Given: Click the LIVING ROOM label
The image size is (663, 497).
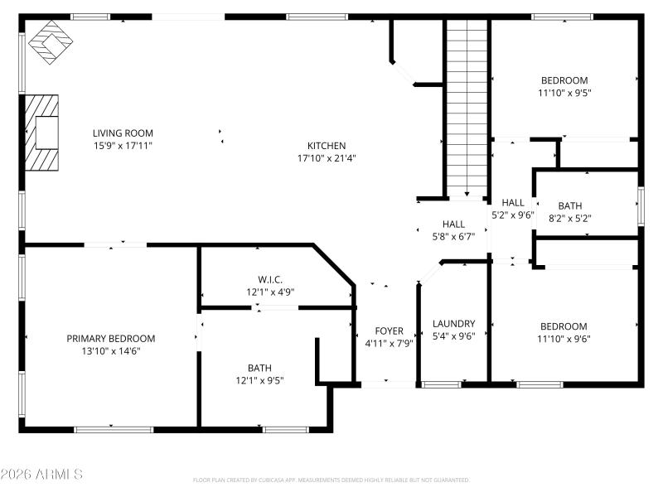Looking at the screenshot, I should coord(123,133).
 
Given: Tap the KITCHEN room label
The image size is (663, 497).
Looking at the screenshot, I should coord(327,146).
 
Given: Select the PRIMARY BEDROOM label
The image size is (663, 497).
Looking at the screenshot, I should coord(111,339).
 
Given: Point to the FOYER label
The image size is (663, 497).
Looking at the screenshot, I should coord(389,331).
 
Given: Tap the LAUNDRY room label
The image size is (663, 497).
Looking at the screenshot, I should coord(453,324).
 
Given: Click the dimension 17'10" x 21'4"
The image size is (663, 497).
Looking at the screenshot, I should coord(327,158).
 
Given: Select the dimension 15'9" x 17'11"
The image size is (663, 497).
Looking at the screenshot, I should coord(123,145).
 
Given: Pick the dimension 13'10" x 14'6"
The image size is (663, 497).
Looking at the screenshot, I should coord(111,351).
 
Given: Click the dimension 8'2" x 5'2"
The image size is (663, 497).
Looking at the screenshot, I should coord(569,219).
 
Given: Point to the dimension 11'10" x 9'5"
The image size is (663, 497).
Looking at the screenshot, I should coord(564,93).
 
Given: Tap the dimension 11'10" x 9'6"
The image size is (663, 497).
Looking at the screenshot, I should coord(564,339).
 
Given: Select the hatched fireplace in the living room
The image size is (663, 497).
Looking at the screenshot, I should coord(42,133).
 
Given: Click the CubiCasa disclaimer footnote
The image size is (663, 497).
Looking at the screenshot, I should coord(331,480).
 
